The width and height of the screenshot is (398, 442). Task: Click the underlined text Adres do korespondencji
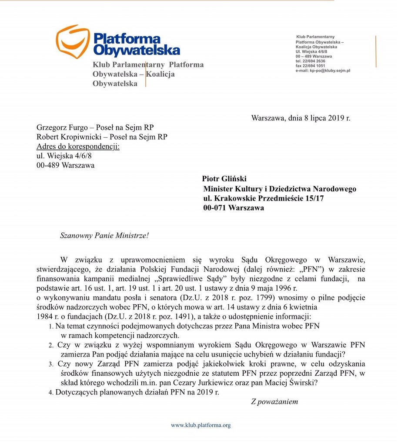point(78,146)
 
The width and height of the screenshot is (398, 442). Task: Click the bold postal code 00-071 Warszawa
point(234,208)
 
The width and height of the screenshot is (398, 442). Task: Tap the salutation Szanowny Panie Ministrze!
point(104,236)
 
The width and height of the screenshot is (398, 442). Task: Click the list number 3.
point(50,364)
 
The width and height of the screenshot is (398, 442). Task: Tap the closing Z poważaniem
point(274,401)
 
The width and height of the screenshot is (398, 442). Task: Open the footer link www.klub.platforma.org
point(201,425)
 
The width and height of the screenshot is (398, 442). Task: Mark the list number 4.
point(50,392)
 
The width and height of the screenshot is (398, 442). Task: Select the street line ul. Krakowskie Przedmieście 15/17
point(264,198)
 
